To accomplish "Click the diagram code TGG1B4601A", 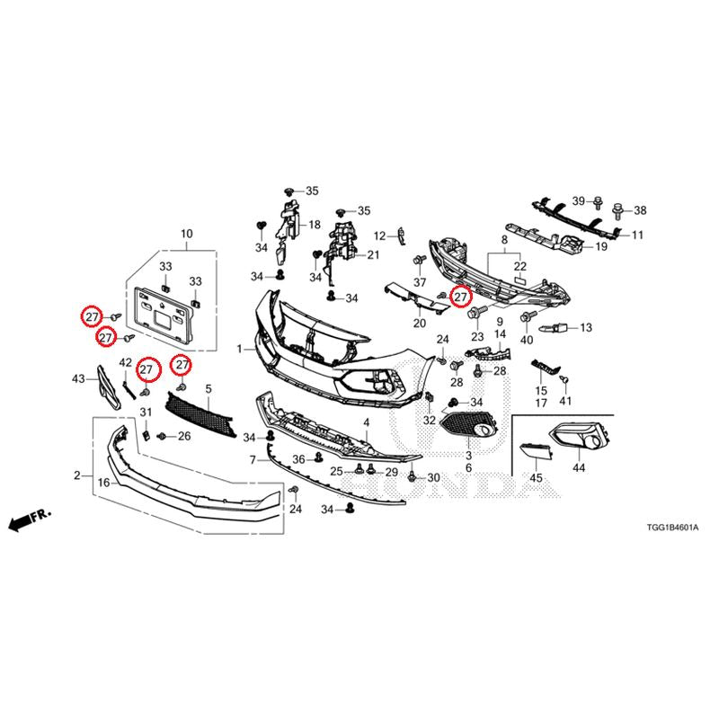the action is point(672,528).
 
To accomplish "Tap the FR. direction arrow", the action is point(30,520).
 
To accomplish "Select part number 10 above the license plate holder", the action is point(187,234).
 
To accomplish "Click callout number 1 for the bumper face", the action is point(239,350).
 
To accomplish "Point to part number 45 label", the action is point(536,478).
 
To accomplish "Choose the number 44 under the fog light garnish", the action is point(579,467).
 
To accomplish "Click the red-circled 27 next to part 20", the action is point(460,297).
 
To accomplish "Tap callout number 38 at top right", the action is point(640,210).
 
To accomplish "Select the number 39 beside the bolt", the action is point(579,200).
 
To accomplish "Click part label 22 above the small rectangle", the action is point(520,266).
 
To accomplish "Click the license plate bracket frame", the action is point(163,316).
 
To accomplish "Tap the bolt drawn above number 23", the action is point(475,314).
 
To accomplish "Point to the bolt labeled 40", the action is point(528,316).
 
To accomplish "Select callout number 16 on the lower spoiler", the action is point(104,483).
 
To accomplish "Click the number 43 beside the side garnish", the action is point(78,378).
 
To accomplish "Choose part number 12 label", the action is point(380,236).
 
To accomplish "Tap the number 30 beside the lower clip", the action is point(433,478).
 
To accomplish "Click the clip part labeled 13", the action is point(555,328).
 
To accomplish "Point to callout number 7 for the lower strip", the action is point(253,459).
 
